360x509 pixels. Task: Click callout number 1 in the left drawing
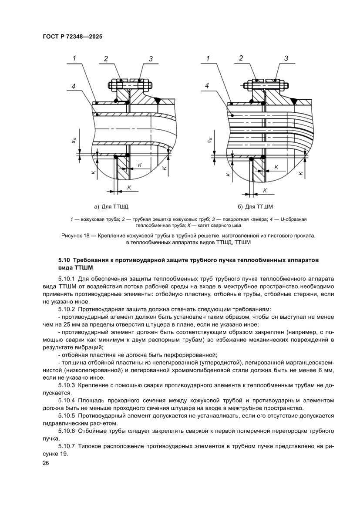point(74,58)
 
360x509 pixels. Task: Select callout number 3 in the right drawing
point(286,58)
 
